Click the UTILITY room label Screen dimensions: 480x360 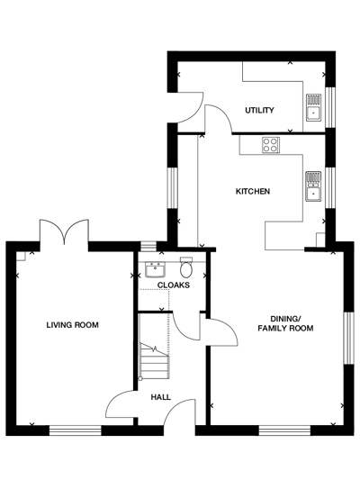click(259, 111)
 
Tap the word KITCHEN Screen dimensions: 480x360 click(252, 192)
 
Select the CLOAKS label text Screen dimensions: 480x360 click(173, 285)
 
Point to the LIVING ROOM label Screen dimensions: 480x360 click(72, 325)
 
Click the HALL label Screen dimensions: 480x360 click(160, 396)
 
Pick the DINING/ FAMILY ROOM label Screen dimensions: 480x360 click(285, 323)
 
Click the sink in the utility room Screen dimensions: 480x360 click(314, 107)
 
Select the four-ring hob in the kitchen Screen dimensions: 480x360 click(271, 144)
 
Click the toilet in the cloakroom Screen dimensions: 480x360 click(186, 268)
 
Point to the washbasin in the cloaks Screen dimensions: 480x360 click(153, 269)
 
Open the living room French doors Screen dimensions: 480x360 click(63, 232)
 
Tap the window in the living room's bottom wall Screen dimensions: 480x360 click(75, 430)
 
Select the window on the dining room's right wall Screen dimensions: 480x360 click(348, 338)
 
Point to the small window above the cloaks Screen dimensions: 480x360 click(148, 246)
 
